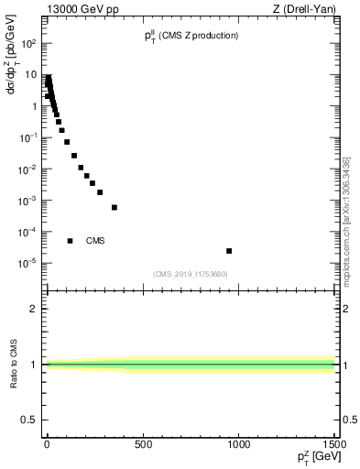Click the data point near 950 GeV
pos(229,251)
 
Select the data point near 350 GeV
pos(115,208)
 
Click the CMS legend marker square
pos(70,241)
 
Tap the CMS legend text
pos(95,241)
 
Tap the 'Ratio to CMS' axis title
pos(14,363)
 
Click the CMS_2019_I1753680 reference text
pos(190,274)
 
